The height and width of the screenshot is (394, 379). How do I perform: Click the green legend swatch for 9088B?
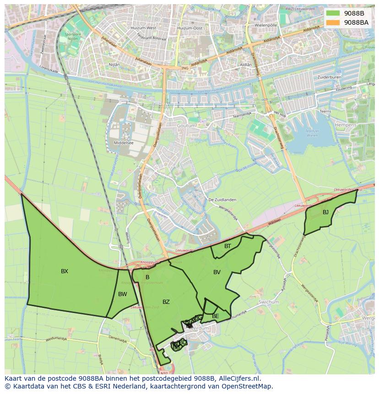pos(333,13)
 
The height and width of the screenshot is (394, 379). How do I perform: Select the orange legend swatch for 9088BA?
pos(333,22)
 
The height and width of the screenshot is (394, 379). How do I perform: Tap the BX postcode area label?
pos(65,271)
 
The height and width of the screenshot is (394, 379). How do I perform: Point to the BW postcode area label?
pos(122,294)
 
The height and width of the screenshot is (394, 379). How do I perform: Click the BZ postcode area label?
pos(166,302)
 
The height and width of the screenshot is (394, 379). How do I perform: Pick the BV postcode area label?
pos(217,272)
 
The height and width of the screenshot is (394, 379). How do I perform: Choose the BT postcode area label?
pos(227,246)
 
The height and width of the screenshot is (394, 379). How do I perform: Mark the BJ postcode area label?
pos(325,212)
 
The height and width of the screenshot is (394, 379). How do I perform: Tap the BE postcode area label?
pos(215,316)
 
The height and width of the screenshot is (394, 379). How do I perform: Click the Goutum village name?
pos(186,125)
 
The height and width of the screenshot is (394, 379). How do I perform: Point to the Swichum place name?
pos(268,302)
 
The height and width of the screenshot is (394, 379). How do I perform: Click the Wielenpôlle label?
pos(266,25)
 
